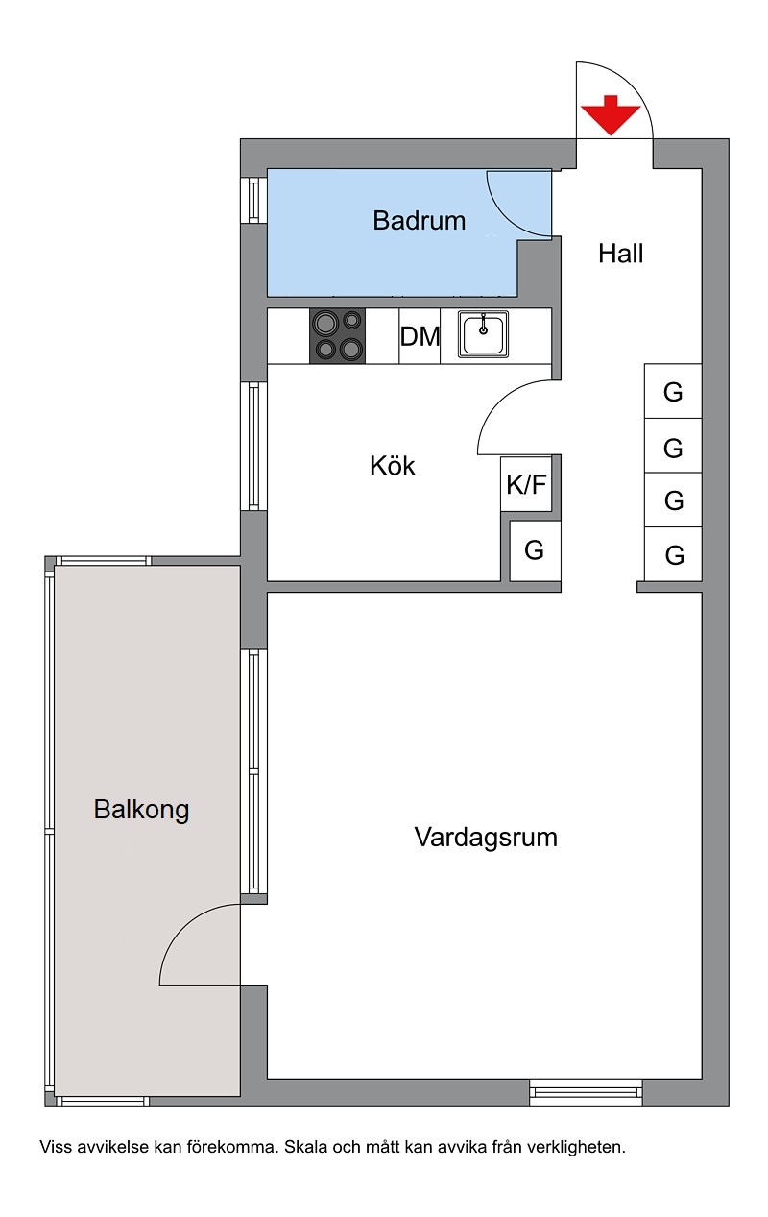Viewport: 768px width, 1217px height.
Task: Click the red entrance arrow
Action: (x=611, y=115)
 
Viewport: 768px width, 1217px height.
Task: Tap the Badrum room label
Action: (x=419, y=221)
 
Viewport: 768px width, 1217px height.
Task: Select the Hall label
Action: (x=620, y=254)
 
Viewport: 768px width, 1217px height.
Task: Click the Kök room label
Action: (x=392, y=466)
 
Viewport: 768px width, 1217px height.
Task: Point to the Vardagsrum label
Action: (x=486, y=838)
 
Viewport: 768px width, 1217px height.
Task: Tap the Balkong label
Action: (x=141, y=810)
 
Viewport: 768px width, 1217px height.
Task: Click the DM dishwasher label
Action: (x=420, y=336)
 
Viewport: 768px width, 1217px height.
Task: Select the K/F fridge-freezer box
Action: (x=526, y=483)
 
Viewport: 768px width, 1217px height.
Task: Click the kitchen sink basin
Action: (x=483, y=334)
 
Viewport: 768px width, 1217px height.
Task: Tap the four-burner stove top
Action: (x=337, y=336)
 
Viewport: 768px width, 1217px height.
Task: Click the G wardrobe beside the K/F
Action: (x=535, y=550)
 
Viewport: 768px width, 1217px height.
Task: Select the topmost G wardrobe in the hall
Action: (x=673, y=391)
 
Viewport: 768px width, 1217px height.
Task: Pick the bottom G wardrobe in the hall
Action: (x=673, y=554)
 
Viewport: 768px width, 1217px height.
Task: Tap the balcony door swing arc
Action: (x=182, y=928)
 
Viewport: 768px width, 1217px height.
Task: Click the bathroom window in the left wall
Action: (x=253, y=200)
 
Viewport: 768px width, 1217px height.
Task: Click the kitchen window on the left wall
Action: (x=253, y=446)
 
